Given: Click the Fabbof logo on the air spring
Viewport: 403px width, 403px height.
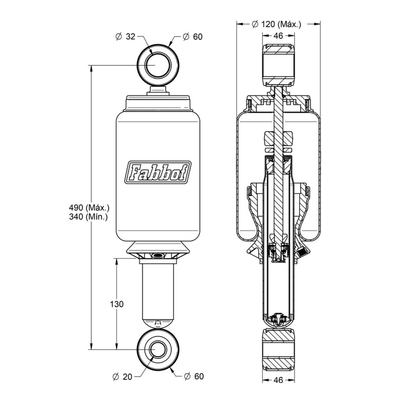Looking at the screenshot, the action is click(158, 172).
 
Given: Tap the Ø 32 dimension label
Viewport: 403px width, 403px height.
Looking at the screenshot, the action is click(125, 36).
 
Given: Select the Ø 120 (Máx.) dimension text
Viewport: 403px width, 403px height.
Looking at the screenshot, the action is click(276, 24).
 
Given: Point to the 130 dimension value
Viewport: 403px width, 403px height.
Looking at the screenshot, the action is click(117, 304).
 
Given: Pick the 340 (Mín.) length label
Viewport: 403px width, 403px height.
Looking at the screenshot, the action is click(88, 217).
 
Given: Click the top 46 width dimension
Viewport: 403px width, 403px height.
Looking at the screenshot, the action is click(278, 36).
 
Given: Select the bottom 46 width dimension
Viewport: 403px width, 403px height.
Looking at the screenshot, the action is click(278, 380).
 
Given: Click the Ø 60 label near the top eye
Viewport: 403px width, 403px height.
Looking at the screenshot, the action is click(193, 37).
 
